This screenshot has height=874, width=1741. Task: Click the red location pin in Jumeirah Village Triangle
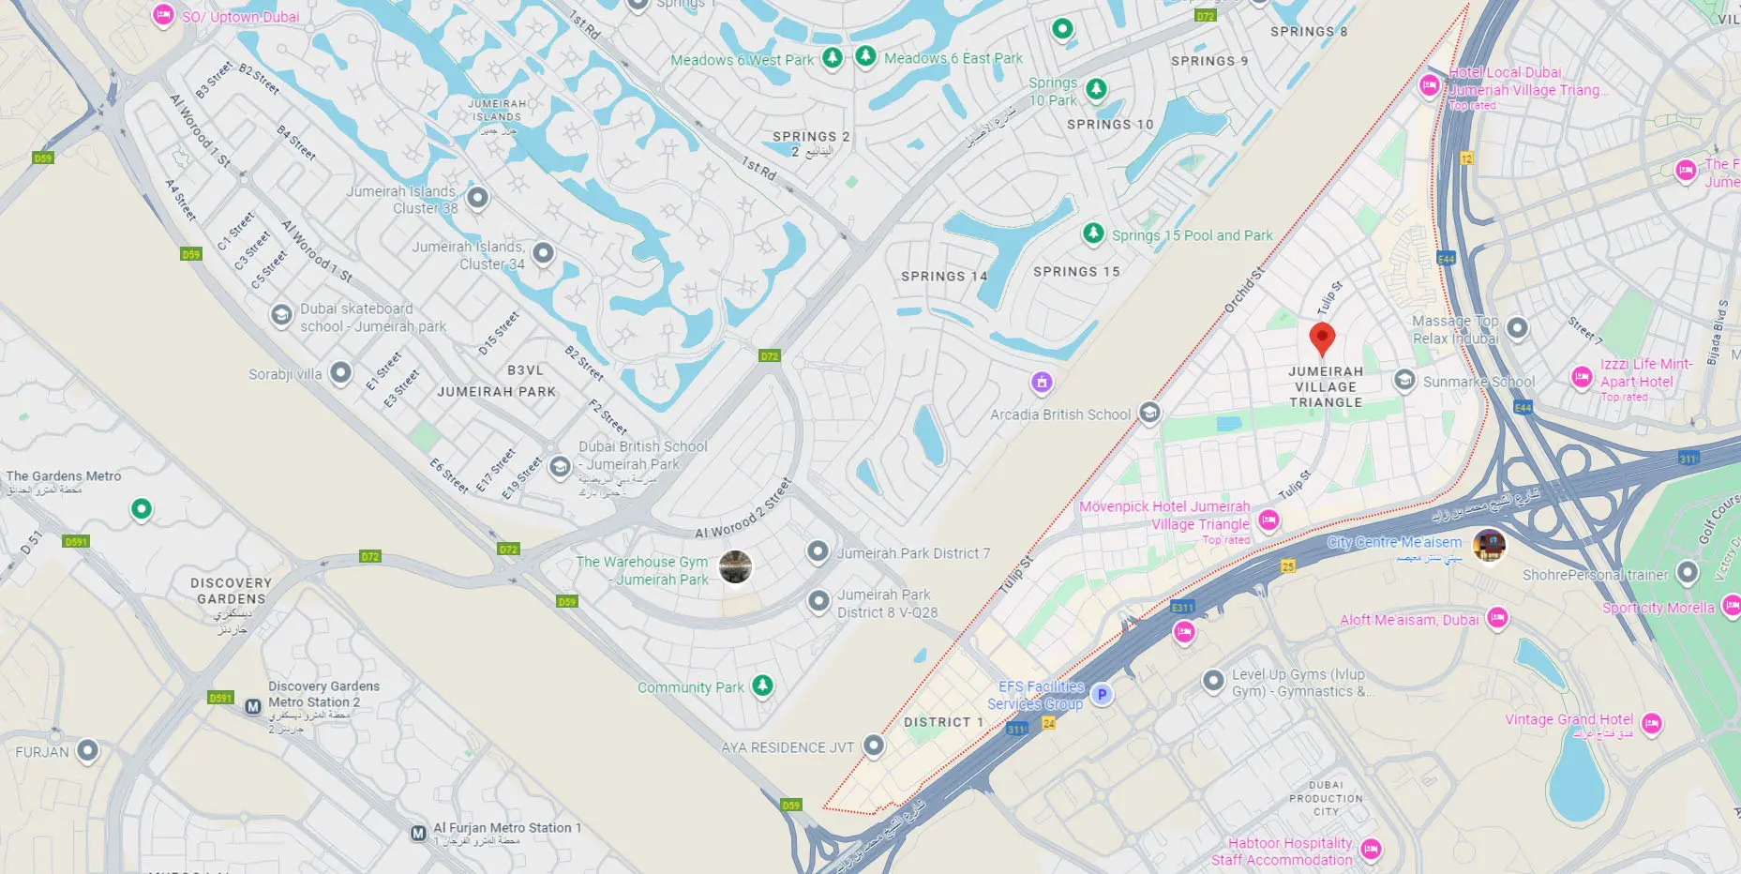point(1322,338)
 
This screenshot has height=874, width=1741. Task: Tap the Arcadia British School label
point(1060,414)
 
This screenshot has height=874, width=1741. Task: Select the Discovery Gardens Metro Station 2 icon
point(253,706)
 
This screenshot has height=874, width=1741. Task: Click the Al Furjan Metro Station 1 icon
point(419,833)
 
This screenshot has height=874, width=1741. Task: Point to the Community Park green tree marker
point(763,686)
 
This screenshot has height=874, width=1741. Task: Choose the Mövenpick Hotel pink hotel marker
point(1268,520)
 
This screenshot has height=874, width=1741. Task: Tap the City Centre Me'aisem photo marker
point(1489,544)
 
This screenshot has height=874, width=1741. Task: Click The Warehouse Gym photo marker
point(735,566)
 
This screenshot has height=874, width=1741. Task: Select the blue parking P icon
point(1103,695)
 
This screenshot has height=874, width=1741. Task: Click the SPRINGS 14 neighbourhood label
point(944,277)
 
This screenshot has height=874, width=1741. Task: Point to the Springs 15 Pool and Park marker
point(1093,233)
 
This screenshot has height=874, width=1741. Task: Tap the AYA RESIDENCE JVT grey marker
point(874,746)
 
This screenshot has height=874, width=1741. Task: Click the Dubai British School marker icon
point(560,466)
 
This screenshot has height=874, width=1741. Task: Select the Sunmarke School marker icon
point(1404,380)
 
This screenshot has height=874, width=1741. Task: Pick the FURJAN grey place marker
point(87,750)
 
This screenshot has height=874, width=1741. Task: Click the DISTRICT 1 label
point(943,722)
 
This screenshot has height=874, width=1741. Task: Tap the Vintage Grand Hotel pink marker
point(1652,723)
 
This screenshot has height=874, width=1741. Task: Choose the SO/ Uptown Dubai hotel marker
point(163,14)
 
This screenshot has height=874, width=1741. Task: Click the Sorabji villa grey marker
point(341,373)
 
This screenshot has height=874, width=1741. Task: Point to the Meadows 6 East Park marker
point(865,56)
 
